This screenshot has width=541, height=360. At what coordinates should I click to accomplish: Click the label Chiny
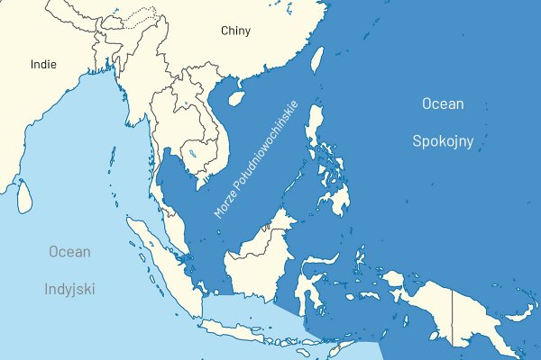pyautogui.click(x=235, y=31)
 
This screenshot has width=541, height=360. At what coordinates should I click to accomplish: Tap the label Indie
pyautogui.click(x=42, y=64)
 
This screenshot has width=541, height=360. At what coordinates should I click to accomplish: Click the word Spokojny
pyautogui.click(x=443, y=141)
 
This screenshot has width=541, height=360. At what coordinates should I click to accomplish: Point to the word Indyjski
pyautogui.click(x=69, y=290)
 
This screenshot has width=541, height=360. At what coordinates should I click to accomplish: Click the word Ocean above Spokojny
pyautogui.click(x=443, y=104)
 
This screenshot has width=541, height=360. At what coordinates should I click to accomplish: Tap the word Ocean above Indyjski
pyautogui.click(x=69, y=252)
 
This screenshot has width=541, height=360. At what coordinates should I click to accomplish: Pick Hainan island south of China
pyautogui.click(x=235, y=94)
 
